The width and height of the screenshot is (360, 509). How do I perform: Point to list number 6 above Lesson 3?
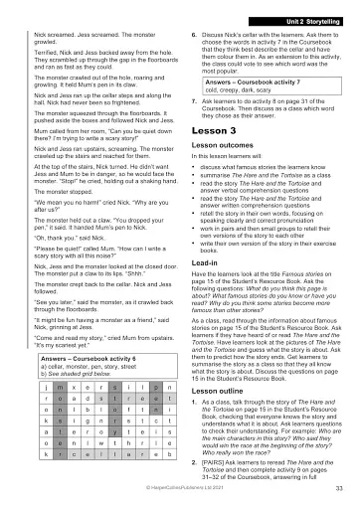(192, 33)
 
